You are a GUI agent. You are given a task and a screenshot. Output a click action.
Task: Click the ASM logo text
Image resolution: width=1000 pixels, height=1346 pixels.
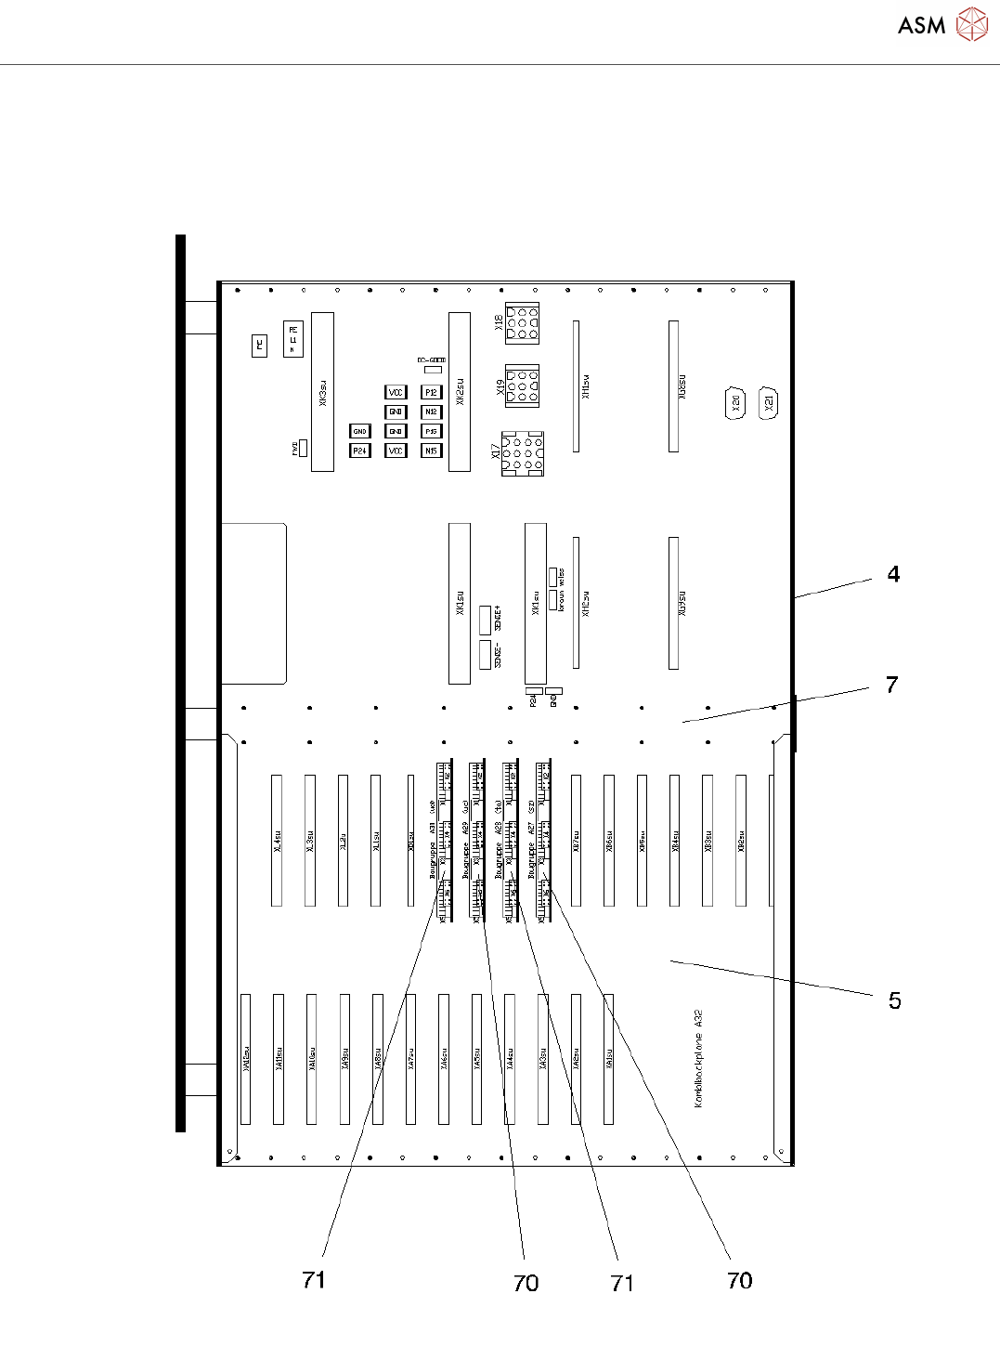(921, 25)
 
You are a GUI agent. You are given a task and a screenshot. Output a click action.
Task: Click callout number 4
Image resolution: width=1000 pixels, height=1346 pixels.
(893, 574)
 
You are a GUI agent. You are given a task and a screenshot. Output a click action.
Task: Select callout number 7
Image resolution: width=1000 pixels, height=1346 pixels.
(891, 686)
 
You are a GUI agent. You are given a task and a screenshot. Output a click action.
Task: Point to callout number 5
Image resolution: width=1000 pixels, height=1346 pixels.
(894, 1000)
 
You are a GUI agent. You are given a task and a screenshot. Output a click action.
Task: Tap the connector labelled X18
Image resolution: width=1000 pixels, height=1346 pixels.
(523, 322)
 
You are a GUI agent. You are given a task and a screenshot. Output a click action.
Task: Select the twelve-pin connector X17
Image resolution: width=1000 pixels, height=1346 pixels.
(523, 453)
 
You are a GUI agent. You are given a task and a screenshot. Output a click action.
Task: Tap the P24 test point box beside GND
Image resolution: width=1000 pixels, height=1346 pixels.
(359, 451)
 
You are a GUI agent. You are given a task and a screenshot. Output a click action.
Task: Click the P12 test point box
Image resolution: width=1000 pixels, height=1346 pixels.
(431, 393)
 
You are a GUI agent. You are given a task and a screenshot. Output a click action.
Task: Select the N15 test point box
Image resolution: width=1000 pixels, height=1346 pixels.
(431, 451)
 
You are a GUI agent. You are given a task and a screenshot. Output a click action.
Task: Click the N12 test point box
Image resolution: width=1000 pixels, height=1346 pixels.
(431, 412)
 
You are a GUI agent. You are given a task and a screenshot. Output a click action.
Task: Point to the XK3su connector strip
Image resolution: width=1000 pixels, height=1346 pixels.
(322, 391)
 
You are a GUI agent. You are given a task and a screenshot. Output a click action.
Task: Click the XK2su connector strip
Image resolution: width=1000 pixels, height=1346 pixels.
(460, 391)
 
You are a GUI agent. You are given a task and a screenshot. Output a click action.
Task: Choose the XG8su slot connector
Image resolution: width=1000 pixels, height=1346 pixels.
(674, 386)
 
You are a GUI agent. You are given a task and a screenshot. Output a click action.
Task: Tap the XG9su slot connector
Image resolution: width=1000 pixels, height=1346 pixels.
(674, 602)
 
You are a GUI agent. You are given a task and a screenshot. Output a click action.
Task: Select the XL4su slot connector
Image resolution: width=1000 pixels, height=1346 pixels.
(277, 840)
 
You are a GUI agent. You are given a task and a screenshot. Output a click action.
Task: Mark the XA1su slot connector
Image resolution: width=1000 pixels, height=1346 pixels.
(609, 1059)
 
